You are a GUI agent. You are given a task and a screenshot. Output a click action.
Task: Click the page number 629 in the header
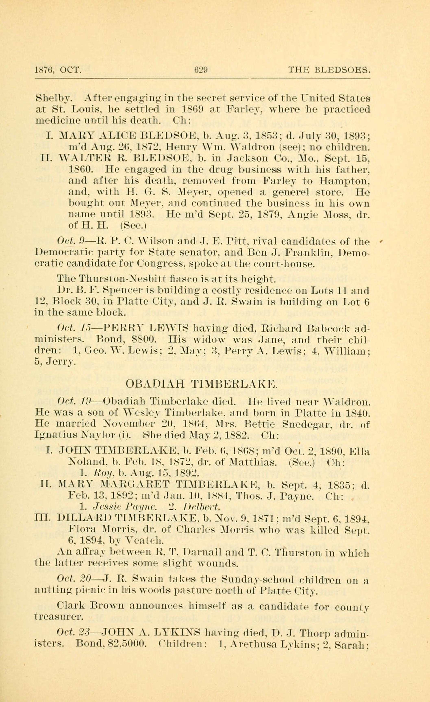point(200,70)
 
